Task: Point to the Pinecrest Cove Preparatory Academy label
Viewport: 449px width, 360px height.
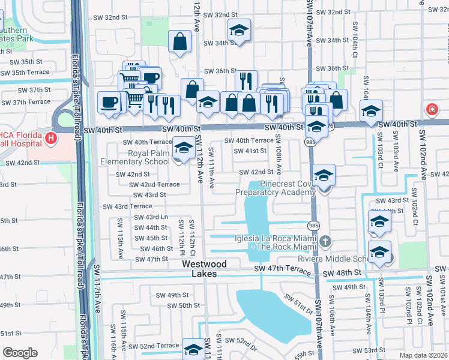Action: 275,188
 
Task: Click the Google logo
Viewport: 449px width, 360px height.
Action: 20,353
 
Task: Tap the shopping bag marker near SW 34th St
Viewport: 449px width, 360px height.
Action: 180,43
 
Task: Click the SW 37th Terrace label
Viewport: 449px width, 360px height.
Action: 26,102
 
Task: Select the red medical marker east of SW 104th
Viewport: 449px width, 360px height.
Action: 431,109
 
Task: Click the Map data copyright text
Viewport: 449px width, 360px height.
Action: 423,355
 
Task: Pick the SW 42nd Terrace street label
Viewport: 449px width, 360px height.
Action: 158,184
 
